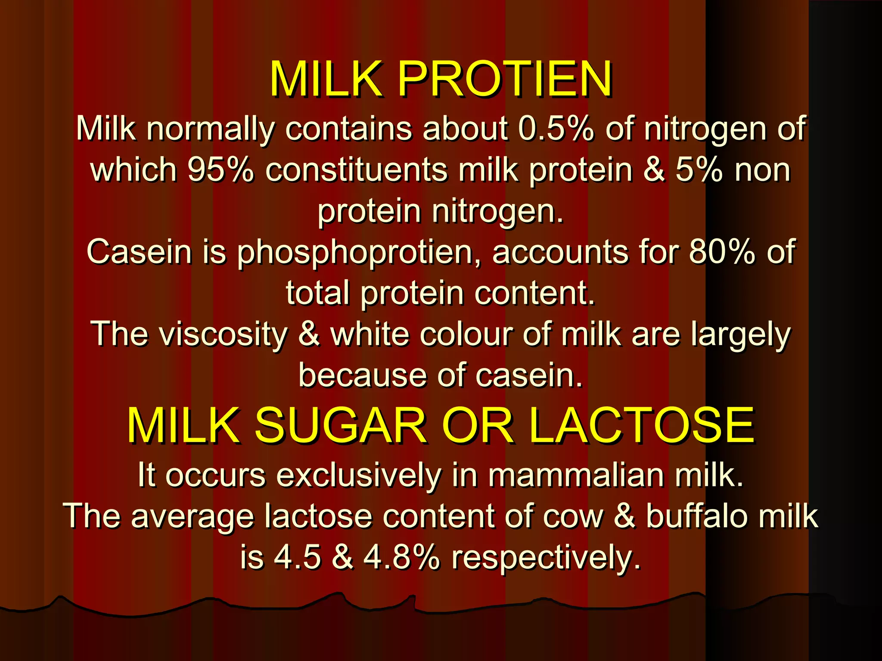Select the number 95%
pyautogui.click(x=220, y=170)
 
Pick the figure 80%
pyautogui.click(x=722, y=252)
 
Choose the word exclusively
pyautogui.click(x=358, y=476)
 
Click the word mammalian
pyautogui.click(x=575, y=475)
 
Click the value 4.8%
pyautogui.click(x=401, y=558)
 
